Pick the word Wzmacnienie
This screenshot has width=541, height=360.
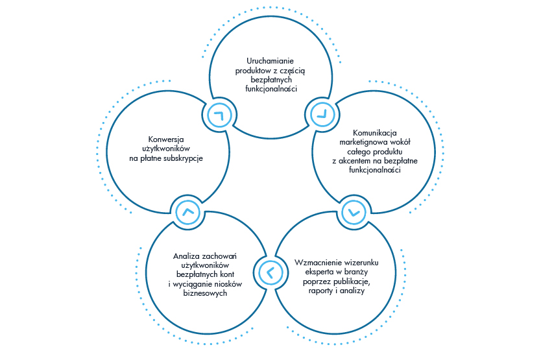point(320,263)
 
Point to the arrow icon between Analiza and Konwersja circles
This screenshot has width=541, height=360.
point(188,211)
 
